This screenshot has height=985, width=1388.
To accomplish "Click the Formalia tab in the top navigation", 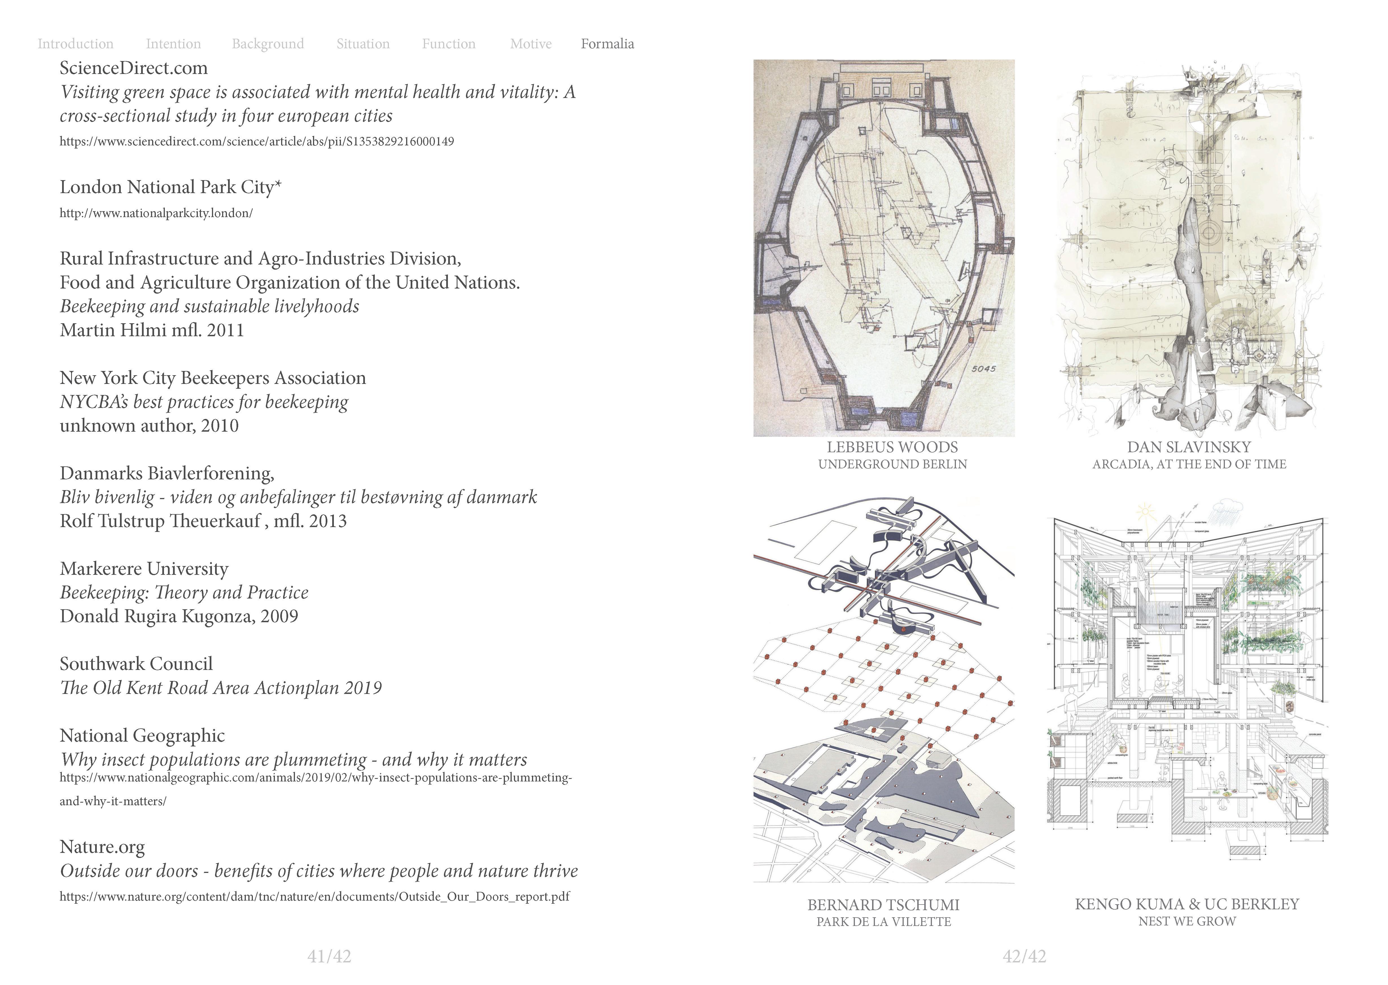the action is tap(607, 44).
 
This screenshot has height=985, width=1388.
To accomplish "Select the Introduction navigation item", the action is tap(75, 44).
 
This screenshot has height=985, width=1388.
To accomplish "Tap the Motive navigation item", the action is tap(531, 44).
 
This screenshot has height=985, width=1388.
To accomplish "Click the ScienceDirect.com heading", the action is tap(133, 68).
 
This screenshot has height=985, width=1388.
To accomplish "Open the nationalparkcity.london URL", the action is tap(156, 213).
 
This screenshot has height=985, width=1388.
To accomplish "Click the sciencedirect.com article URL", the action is tap(257, 141).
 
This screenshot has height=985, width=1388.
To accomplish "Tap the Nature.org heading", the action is tap(102, 847).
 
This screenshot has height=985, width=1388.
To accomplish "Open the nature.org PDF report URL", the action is tap(314, 896).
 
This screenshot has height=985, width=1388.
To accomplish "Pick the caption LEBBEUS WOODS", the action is tap(892, 448).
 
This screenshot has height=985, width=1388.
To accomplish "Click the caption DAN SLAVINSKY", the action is tap(1188, 448).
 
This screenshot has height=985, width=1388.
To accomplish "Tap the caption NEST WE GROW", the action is tap(1187, 921).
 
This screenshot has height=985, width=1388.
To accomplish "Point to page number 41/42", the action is tap(329, 956).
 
